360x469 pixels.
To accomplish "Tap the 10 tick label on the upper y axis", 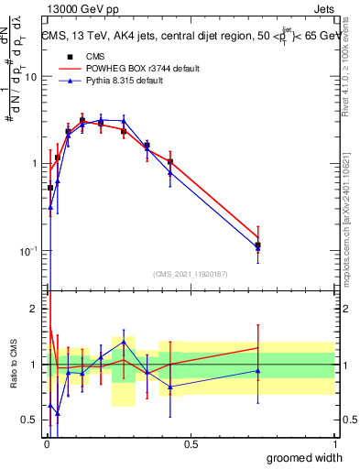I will point(30,77).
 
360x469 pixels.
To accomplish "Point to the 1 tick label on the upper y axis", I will point(34,164).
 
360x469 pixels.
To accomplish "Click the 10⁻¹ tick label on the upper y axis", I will point(28,250).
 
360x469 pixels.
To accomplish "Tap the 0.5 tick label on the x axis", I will point(191,444).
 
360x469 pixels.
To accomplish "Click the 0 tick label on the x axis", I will point(46,444).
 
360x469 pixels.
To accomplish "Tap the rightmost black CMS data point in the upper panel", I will point(258,245).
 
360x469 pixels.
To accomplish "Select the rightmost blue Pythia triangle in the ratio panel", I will point(258,371).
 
